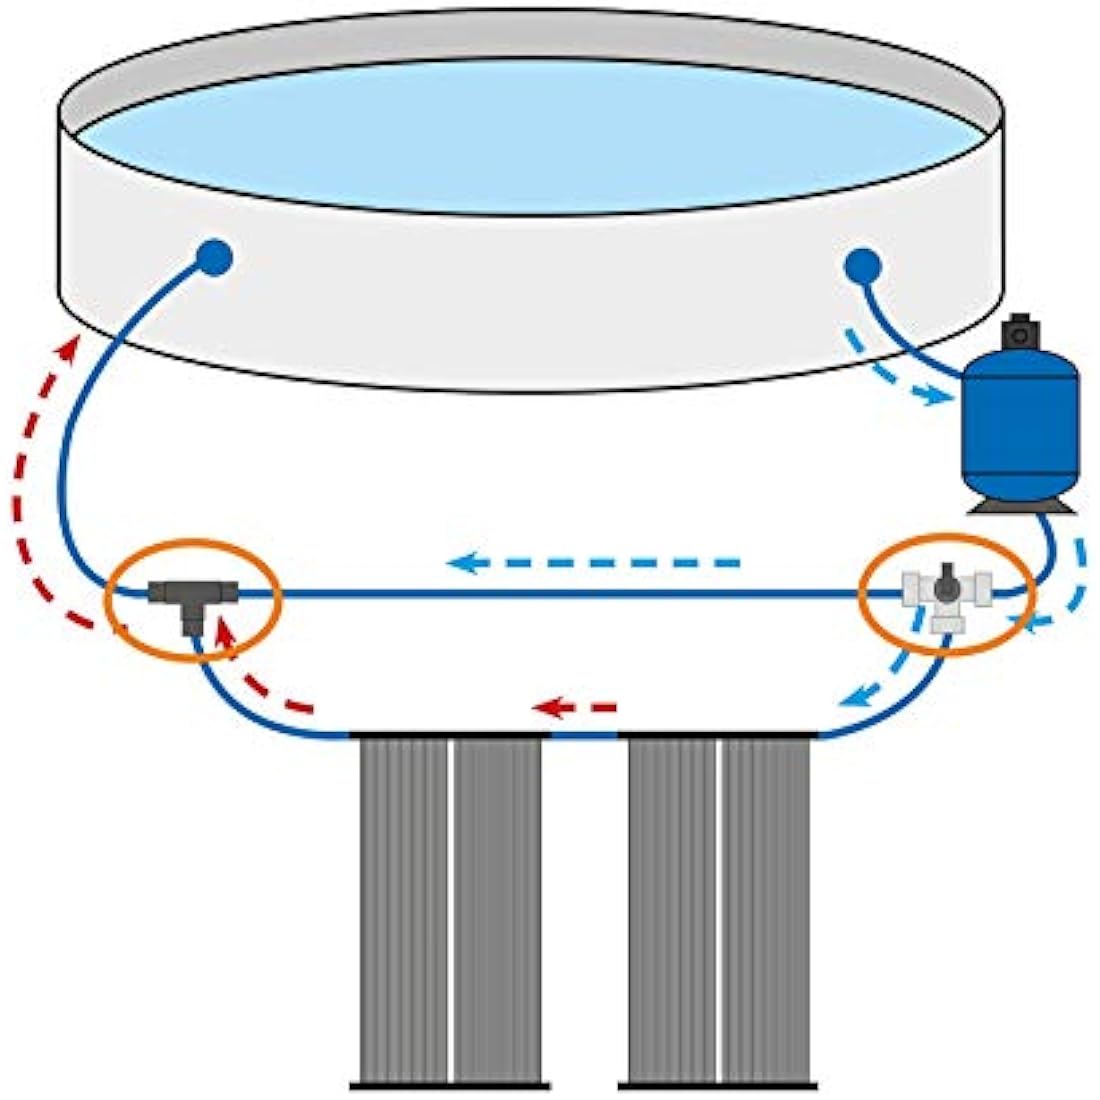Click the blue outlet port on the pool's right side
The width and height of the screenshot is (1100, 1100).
[x=862, y=267]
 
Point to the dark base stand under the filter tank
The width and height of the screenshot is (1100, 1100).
[x=1020, y=505]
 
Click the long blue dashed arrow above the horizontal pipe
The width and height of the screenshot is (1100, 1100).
[x=594, y=563]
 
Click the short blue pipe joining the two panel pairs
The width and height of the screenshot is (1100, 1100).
[x=584, y=736]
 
